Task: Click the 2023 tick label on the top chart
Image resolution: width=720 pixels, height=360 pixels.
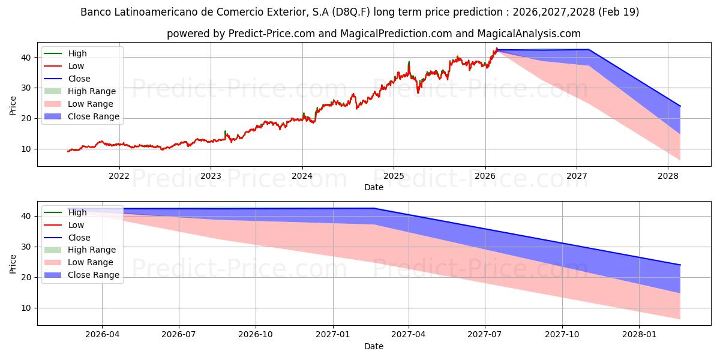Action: click(211, 176)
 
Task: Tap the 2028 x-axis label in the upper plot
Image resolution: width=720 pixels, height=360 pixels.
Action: click(668, 176)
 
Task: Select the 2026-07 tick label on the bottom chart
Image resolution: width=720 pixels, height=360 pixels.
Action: click(179, 335)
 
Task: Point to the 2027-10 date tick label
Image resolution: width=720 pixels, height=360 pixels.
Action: click(562, 335)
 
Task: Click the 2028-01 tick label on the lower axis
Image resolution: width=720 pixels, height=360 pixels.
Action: click(639, 335)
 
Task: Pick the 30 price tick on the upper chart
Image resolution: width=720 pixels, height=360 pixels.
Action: click(26, 88)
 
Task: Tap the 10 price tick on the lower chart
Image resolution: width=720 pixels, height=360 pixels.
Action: click(26, 308)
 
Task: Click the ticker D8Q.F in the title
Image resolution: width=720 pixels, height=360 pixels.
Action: click(350, 12)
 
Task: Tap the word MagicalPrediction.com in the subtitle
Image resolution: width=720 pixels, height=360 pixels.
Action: click(396, 34)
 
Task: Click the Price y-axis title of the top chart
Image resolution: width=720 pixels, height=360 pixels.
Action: click(13, 106)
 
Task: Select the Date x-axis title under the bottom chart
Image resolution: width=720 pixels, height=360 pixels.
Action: click(373, 346)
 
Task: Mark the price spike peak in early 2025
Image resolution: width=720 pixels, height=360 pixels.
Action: click(409, 61)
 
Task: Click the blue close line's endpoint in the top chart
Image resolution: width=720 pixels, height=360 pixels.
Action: click(680, 106)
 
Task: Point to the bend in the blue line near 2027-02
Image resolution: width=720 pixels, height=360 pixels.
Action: click(373, 208)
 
